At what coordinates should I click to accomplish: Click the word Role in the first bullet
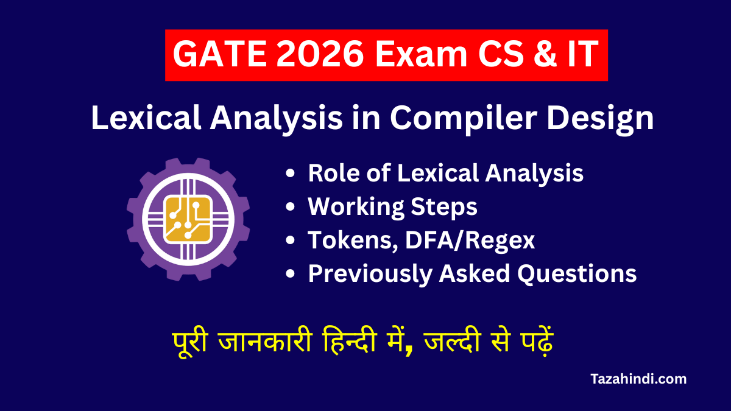coord(333,174)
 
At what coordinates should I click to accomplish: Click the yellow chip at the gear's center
coord(188,219)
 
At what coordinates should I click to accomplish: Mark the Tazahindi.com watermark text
coord(638,379)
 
